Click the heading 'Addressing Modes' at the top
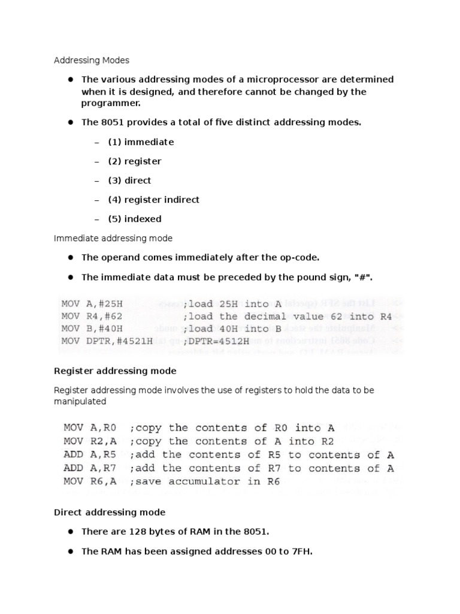click(x=92, y=61)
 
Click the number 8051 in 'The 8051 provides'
click(x=111, y=123)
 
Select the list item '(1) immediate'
click(x=141, y=142)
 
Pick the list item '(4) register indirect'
click(x=153, y=200)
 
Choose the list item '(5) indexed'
click(x=135, y=219)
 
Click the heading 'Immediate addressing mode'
click(x=113, y=238)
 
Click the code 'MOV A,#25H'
click(x=92, y=303)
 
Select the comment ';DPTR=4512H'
click(x=220, y=341)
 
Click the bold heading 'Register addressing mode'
click(x=115, y=371)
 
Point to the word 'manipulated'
click(x=80, y=401)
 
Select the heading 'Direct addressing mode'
click(x=110, y=513)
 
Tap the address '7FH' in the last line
click(x=300, y=551)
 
